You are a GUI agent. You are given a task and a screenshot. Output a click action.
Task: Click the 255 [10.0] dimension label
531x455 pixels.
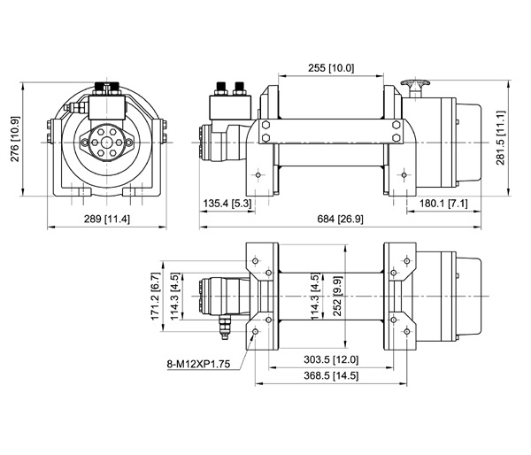pyautogui.click(x=331, y=68)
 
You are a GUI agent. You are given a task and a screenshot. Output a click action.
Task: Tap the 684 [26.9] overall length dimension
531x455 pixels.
pyautogui.click(x=340, y=220)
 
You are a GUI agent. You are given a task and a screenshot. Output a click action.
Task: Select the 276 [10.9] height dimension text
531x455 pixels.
pyautogui.click(x=15, y=139)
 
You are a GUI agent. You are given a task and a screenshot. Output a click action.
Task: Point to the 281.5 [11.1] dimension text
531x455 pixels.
pyautogui.click(x=500, y=138)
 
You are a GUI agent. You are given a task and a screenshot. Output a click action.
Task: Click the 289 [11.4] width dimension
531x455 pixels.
pyautogui.click(x=107, y=219)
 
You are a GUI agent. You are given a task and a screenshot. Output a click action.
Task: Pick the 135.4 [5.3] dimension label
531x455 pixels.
pyautogui.click(x=227, y=204)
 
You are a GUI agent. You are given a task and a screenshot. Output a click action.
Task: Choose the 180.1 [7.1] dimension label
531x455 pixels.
pyautogui.click(x=443, y=204)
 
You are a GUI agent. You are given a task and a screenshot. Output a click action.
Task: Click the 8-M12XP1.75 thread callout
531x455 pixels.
pyautogui.click(x=198, y=364)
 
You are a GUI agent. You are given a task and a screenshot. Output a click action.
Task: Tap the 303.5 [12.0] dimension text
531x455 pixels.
pyautogui.click(x=331, y=359)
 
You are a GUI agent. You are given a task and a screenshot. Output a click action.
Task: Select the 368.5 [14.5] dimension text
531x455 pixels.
pyautogui.click(x=331, y=375)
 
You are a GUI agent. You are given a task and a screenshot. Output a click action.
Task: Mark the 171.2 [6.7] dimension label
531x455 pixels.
pyautogui.click(x=155, y=297)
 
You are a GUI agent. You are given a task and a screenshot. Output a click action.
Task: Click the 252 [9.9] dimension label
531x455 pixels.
pyautogui.click(x=337, y=297)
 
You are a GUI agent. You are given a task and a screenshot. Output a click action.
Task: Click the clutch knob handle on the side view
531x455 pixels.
pyautogui.click(x=415, y=82)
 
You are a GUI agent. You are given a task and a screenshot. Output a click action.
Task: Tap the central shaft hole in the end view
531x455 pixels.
pyautogui.click(x=107, y=143)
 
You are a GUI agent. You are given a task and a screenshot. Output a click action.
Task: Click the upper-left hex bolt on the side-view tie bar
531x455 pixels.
pyautogui.click(x=265, y=125)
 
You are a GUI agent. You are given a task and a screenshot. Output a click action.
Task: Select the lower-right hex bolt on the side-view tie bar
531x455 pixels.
pyautogui.click(x=396, y=138)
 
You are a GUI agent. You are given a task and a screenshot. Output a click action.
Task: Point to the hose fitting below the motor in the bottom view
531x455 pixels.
pyautogui.click(x=225, y=327)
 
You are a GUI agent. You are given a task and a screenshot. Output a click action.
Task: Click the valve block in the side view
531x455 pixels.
pyautogui.click(x=230, y=107)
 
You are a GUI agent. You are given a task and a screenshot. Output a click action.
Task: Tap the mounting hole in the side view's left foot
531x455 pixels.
pyautogui.click(x=258, y=174)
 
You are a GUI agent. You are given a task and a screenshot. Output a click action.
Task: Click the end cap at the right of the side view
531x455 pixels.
pyautogui.click(x=469, y=143)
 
